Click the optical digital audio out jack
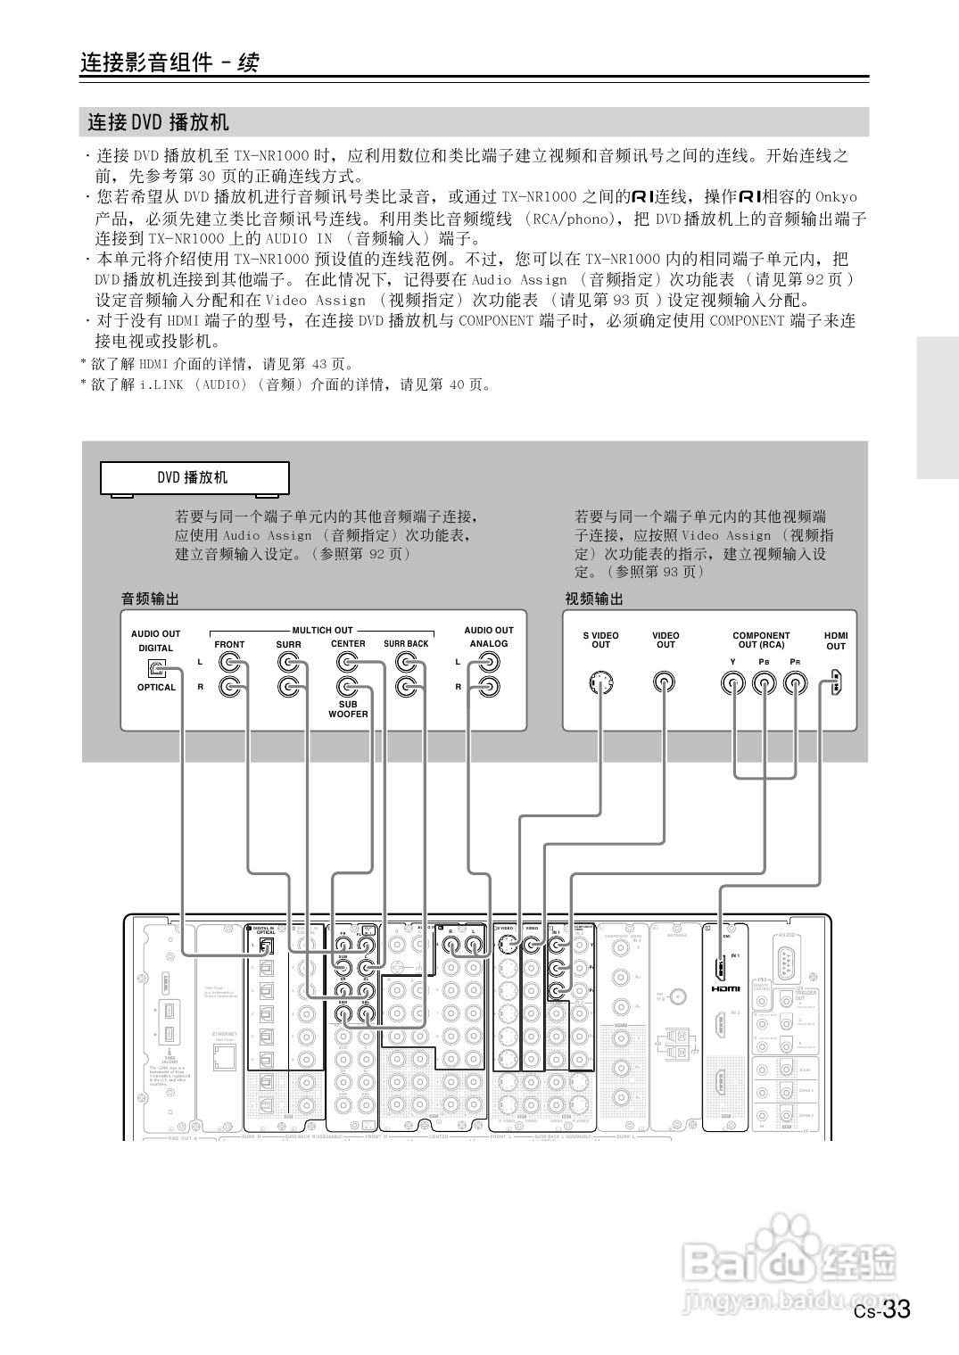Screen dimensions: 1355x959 [x=156, y=668]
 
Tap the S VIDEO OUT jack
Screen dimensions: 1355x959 [x=601, y=683]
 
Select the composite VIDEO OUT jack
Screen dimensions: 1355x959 [x=665, y=683]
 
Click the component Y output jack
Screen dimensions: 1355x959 [x=733, y=683]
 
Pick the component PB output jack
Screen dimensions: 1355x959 [x=764, y=683]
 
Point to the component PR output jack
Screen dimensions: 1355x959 [x=795, y=683]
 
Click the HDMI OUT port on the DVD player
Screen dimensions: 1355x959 [x=836, y=683]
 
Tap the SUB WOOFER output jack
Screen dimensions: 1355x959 [x=347, y=686]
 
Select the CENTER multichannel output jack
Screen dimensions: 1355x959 [x=347, y=662]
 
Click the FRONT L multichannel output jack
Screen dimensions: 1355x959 [x=231, y=663]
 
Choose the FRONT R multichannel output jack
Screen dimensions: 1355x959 [x=231, y=687]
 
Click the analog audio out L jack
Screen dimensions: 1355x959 [x=488, y=663]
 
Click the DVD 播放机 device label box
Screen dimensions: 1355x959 [x=194, y=478]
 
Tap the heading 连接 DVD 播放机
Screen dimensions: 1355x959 [x=159, y=122]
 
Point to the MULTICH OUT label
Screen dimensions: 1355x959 [x=322, y=630]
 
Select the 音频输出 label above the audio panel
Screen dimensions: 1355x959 [x=149, y=599]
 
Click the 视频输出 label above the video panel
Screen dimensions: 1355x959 [x=593, y=599]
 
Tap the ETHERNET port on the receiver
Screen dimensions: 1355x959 [x=225, y=1057]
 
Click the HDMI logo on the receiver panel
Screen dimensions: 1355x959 [x=725, y=988]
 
